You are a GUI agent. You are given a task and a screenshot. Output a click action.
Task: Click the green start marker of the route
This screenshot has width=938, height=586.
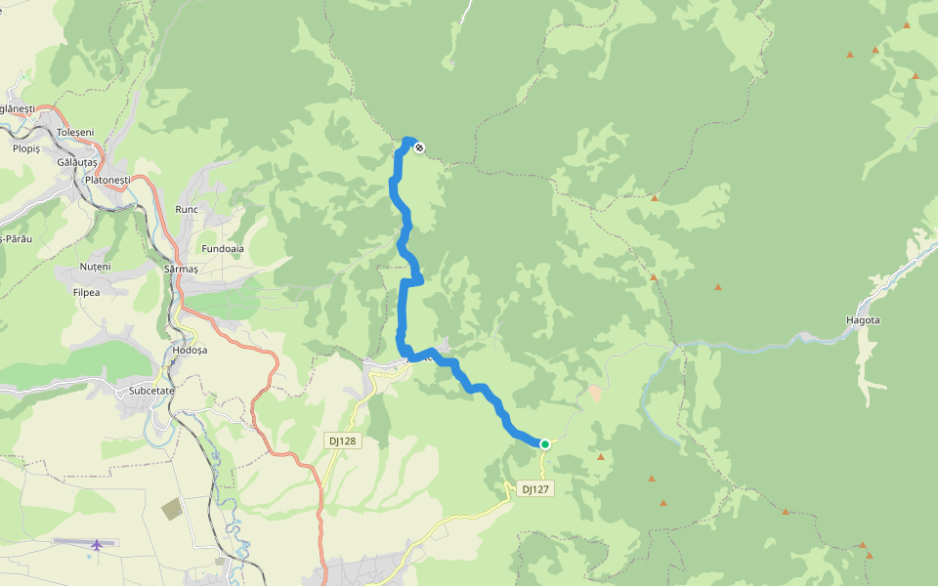[x=545, y=444]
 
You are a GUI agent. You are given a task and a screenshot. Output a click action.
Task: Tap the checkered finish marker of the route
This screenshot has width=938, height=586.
[x=419, y=147]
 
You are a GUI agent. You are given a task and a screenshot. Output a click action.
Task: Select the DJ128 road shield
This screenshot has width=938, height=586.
[x=343, y=440]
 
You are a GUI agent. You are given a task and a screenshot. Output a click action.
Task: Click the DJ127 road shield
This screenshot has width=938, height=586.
[x=535, y=489]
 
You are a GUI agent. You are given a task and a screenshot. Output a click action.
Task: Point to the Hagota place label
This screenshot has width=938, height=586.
[x=863, y=320]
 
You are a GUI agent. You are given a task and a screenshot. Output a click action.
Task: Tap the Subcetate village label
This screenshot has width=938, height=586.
[x=150, y=391]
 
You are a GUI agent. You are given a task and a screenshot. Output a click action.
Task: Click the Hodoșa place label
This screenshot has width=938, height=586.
[x=190, y=350]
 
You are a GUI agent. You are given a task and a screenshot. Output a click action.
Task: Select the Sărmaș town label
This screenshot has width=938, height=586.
[x=182, y=269]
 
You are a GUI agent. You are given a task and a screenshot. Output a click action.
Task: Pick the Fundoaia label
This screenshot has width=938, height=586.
[x=223, y=248]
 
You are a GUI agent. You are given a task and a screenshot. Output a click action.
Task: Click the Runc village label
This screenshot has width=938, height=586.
[x=186, y=210]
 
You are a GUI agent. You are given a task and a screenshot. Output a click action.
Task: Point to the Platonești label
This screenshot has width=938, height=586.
[x=107, y=181]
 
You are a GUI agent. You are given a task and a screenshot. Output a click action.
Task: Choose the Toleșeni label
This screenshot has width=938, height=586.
[x=75, y=132]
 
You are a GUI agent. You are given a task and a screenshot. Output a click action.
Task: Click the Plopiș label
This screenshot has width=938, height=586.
[x=26, y=148]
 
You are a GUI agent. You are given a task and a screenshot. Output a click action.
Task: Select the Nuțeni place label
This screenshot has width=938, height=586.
[x=96, y=267]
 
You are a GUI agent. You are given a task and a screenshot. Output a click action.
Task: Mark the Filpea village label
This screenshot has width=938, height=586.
[x=86, y=291]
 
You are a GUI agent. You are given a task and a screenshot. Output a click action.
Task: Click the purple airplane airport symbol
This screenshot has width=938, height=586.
[x=96, y=544]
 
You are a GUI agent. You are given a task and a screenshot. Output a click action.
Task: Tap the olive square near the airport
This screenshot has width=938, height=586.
[x=171, y=509]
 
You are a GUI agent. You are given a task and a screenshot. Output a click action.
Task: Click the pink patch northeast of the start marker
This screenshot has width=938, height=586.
[x=595, y=393]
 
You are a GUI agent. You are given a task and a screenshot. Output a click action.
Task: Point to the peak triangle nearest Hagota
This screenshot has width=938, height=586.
[x=718, y=287]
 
